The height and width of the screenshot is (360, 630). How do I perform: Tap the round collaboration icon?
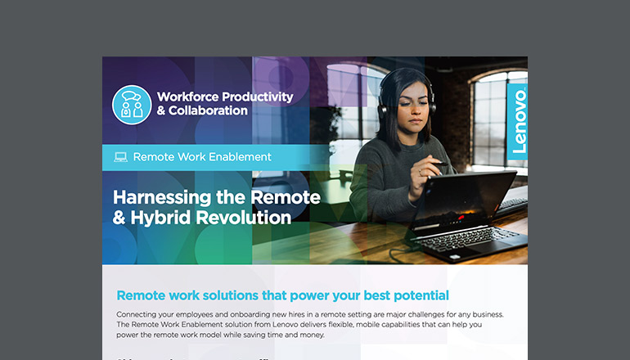[132, 104]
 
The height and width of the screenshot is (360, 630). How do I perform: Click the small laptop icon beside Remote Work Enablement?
[120, 156]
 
